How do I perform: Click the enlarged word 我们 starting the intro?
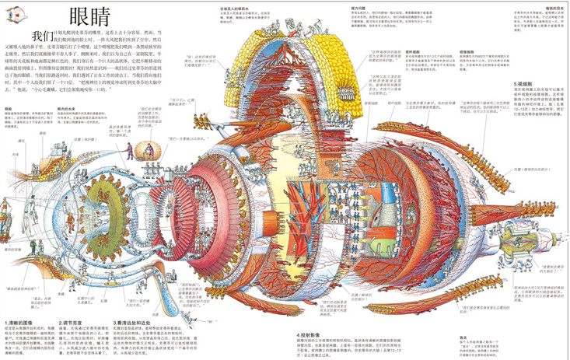coord(42,36)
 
